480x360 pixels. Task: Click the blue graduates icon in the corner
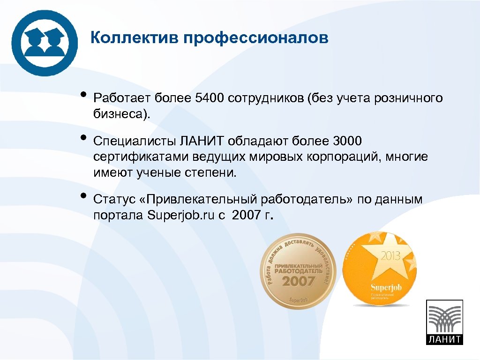[45, 43]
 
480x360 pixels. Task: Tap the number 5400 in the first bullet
[210, 98]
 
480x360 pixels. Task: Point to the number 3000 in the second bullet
[347, 141]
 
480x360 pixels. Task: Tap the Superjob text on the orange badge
[386, 286]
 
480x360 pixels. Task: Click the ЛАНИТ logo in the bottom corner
[443, 322]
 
